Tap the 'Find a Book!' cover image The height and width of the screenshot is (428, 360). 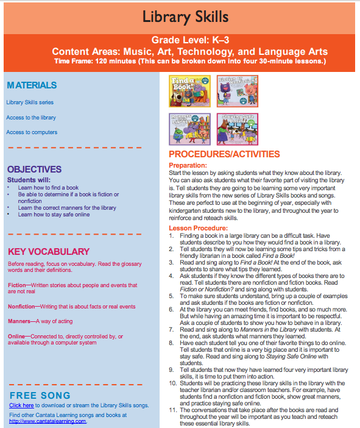[189, 91]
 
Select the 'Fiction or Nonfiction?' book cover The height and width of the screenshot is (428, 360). [238, 91]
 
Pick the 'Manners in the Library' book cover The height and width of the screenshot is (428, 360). [189, 129]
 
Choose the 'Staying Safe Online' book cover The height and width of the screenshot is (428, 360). [238, 129]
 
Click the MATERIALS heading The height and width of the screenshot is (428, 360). [32, 85]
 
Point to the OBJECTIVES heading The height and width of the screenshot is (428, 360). [34, 169]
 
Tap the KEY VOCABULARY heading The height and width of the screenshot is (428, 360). [49, 251]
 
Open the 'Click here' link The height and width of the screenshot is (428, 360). [21, 405]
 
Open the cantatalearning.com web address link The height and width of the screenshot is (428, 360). [48, 421]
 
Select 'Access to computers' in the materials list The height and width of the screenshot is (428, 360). [32, 132]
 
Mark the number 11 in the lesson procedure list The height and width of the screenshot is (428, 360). [172, 410]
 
